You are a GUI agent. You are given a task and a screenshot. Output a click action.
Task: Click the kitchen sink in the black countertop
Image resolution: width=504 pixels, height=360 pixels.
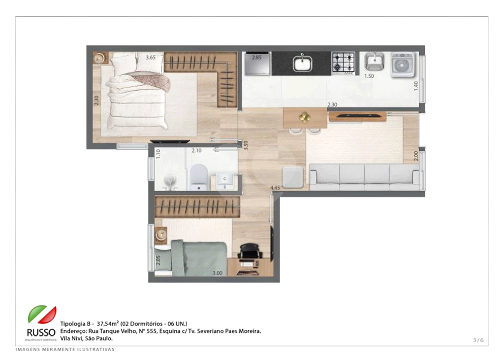301,64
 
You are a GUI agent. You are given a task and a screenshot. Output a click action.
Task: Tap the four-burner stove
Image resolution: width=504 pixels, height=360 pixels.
343,63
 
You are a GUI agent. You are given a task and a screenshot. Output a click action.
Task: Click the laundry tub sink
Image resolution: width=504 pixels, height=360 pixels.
375,62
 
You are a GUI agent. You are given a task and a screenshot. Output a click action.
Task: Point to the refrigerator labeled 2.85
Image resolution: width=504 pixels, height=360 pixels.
256,64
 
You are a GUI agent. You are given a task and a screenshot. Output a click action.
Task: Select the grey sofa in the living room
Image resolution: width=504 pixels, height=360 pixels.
364,177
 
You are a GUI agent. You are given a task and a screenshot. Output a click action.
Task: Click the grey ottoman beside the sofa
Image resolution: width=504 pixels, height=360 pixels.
292,176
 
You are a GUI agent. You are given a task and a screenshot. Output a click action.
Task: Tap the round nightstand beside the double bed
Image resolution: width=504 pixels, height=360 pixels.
101,58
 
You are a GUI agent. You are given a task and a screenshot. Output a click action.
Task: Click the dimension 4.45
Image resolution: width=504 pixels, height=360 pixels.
275,188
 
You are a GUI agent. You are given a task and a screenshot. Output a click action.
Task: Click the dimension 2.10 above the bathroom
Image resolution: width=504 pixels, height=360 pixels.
196,150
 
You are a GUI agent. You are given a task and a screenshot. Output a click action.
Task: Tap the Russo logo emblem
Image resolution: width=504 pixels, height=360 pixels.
41,316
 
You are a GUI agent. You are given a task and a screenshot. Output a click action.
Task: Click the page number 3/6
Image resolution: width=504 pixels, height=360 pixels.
478,340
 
